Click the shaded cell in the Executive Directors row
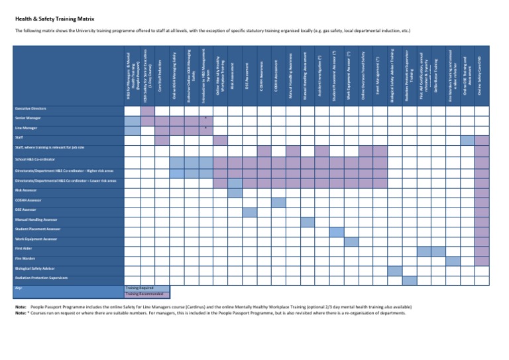click(148, 109)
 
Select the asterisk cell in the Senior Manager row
click(206, 119)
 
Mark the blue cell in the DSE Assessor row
click(250, 212)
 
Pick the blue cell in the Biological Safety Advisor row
click(396, 270)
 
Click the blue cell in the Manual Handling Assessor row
click(308, 222)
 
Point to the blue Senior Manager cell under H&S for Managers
click(133, 119)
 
